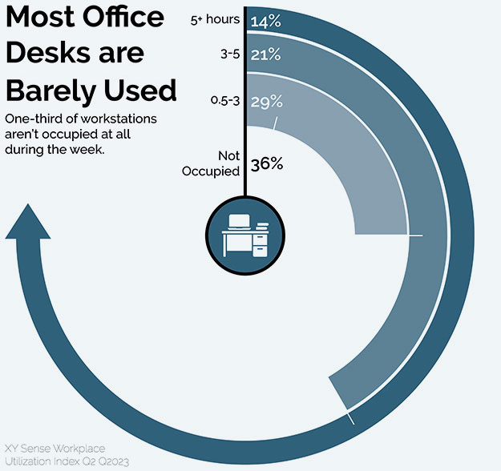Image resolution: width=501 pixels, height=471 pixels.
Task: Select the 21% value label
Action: (x=265, y=56)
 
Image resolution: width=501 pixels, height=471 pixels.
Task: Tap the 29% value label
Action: (x=265, y=102)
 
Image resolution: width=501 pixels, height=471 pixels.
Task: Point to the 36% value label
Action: (x=268, y=163)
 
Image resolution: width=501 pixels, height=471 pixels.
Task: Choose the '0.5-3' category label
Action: (x=224, y=101)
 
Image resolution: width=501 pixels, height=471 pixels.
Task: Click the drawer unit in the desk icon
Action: (x=260, y=242)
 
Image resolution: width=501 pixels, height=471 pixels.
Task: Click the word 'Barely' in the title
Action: (x=51, y=89)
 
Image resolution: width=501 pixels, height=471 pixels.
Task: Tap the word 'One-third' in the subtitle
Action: (x=31, y=119)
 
